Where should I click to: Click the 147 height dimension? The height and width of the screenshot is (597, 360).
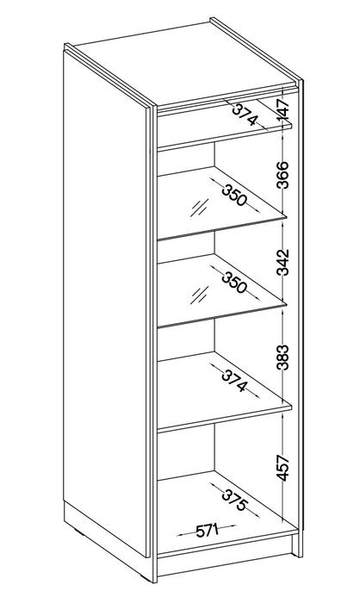click(x=283, y=110)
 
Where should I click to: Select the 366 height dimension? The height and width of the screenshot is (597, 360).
click(x=283, y=175)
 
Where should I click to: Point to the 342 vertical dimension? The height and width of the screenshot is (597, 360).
click(x=283, y=263)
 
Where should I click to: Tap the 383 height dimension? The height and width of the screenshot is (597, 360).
click(x=283, y=358)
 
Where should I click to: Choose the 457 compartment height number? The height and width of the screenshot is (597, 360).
click(x=283, y=468)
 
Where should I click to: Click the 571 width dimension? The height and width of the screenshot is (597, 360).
click(x=207, y=531)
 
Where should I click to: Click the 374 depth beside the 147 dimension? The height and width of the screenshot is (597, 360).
click(x=245, y=115)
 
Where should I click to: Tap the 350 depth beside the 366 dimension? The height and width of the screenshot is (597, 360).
click(x=234, y=195)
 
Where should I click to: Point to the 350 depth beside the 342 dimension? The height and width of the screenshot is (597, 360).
click(x=234, y=283)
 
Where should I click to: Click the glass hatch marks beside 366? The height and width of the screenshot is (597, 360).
click(x=200, y=208)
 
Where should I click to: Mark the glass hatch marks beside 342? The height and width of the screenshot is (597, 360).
click(x=200, y=295)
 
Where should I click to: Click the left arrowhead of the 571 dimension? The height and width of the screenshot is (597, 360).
click(x=179, y=535)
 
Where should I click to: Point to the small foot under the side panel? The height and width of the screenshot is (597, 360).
click(x=77, y=531)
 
